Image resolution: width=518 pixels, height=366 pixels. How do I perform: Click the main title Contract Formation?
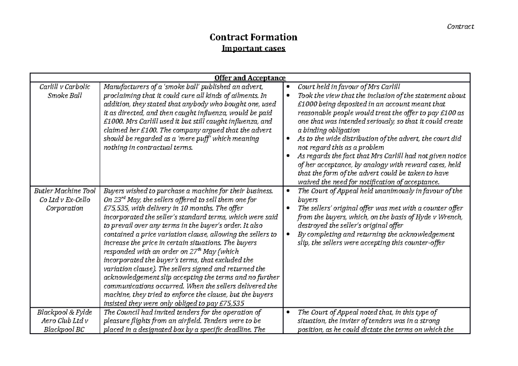[x=253, y=38]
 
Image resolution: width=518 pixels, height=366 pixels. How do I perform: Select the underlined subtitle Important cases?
[x=253, y=48]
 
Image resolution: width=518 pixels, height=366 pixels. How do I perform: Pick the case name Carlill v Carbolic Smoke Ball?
[x=64, y=91]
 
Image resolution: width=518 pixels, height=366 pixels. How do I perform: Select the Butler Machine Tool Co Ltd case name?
[x=64, y=199]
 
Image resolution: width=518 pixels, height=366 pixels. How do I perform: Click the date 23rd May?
[x=126, y=200]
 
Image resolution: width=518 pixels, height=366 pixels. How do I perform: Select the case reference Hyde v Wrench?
[x=442, y=217]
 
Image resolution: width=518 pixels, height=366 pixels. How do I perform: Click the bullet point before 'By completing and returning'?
[x=288, y=234]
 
